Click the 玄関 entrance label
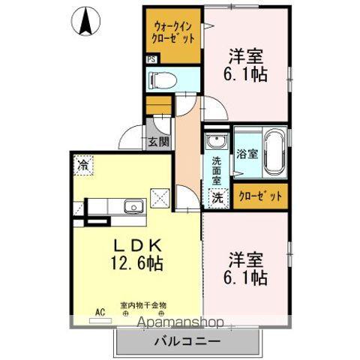(157, 142)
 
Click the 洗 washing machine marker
(217, 199)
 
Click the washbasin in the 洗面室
(218, 142)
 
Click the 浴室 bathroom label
(247, 154)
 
